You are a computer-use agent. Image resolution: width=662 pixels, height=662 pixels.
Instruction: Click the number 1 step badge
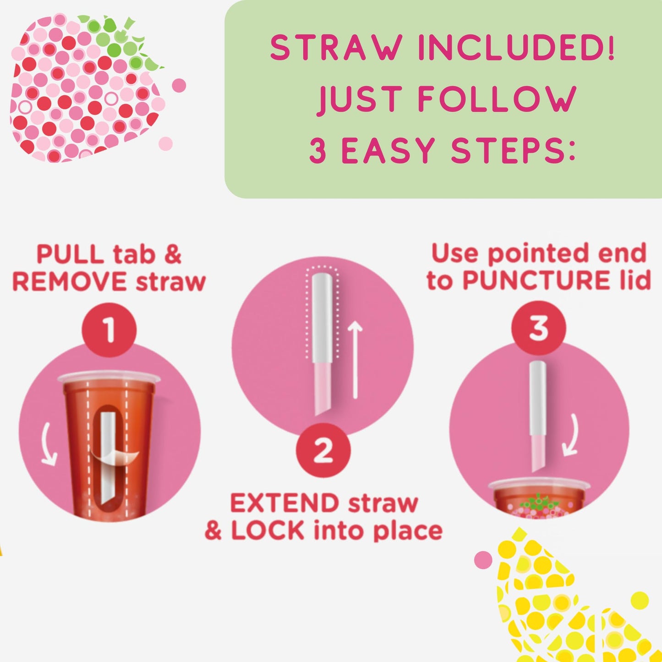click(x=109, y=329)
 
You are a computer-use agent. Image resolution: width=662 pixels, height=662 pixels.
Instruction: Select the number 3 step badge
click(x=539, y=328)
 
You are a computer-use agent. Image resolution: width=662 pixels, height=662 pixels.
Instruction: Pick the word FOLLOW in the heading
click(x=497, y=98)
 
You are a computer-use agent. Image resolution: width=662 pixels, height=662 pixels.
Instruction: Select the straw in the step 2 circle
click(x=322, y=341)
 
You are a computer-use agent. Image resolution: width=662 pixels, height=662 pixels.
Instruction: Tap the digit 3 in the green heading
click(x=318, y=151)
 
